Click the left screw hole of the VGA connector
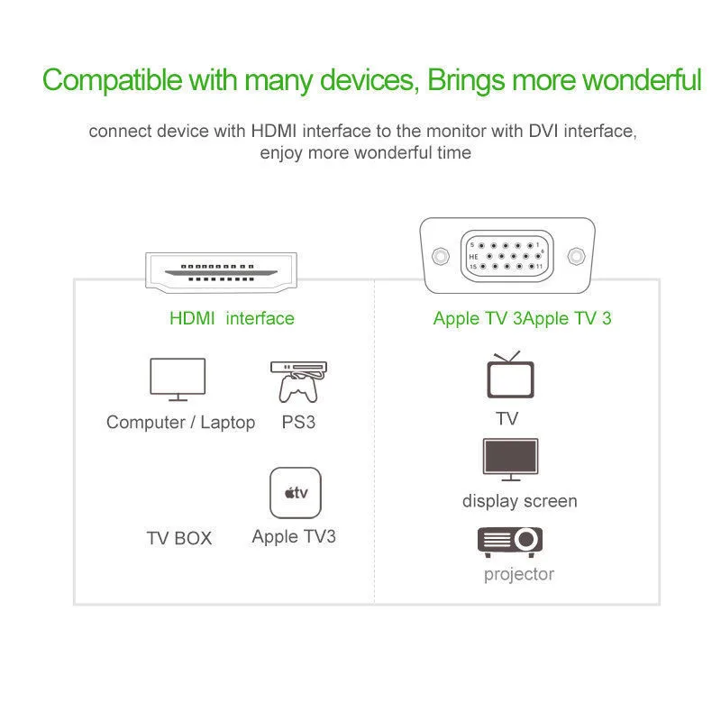click(439, 256)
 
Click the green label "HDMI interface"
click(232, 318)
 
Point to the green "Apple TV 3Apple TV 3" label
click(522, 318)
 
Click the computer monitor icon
click(177, 379)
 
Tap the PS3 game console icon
click(298, 380)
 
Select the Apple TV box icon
click(296, 493)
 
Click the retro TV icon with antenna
click(510, 376)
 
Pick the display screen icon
click(511, 460)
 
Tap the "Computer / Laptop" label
click(180, 422)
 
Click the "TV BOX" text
click(179, 538)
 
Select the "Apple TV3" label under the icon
click(294, 536)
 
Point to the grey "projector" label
click(519, 574)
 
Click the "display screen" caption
click(520, 501)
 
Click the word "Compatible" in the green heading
click(111, 79)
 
